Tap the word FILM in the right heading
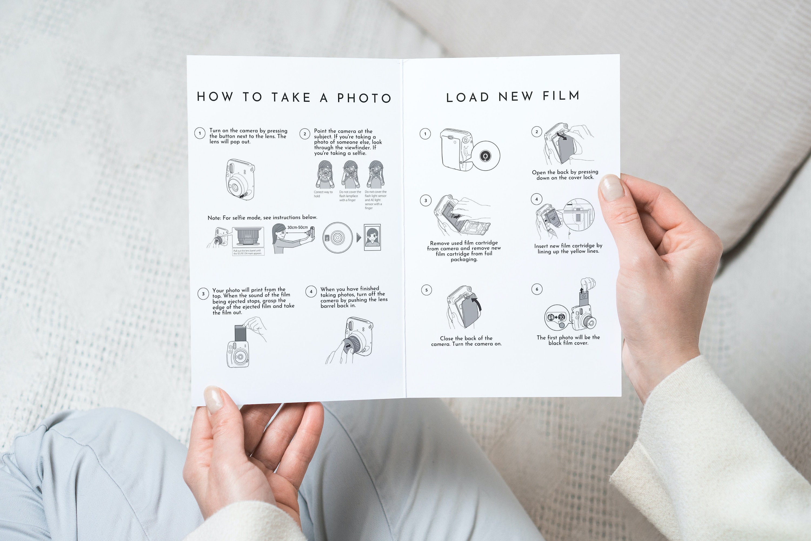pyautogui.click(x=561, y=96)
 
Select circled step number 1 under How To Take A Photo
pyautogui.click(x=200, y=133)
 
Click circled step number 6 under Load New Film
pyautogui.click(x=537, y=289)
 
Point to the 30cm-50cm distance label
pyautogui.click(x=297, y=227)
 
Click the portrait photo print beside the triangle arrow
pyautogui.click(x=372, y=237)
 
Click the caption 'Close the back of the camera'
pyautogui.click(x=466, y=341)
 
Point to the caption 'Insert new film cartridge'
pyautogui.click(x=568, y=248)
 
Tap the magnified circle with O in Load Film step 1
pyautogui.click(x=485, y=156)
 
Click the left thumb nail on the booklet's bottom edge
pyautogui.click(x=213, y=400)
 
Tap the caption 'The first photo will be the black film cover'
pyautogui.click(x=568, y=340)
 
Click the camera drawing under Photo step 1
pyautogui.click(x=240, y=180)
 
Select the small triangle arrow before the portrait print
pyautogui.click(x=358, y=237)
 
